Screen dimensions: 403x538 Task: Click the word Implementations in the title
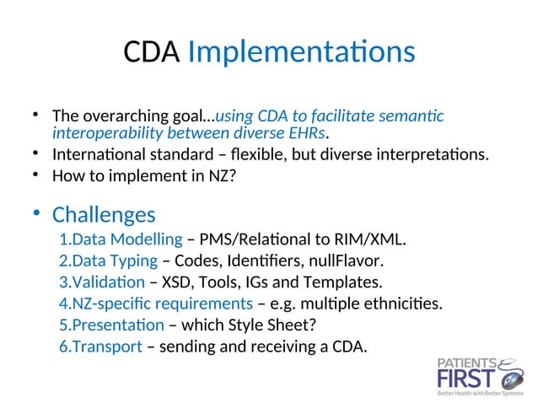pos(301,53)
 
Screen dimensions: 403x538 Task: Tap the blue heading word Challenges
pos(103,214)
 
